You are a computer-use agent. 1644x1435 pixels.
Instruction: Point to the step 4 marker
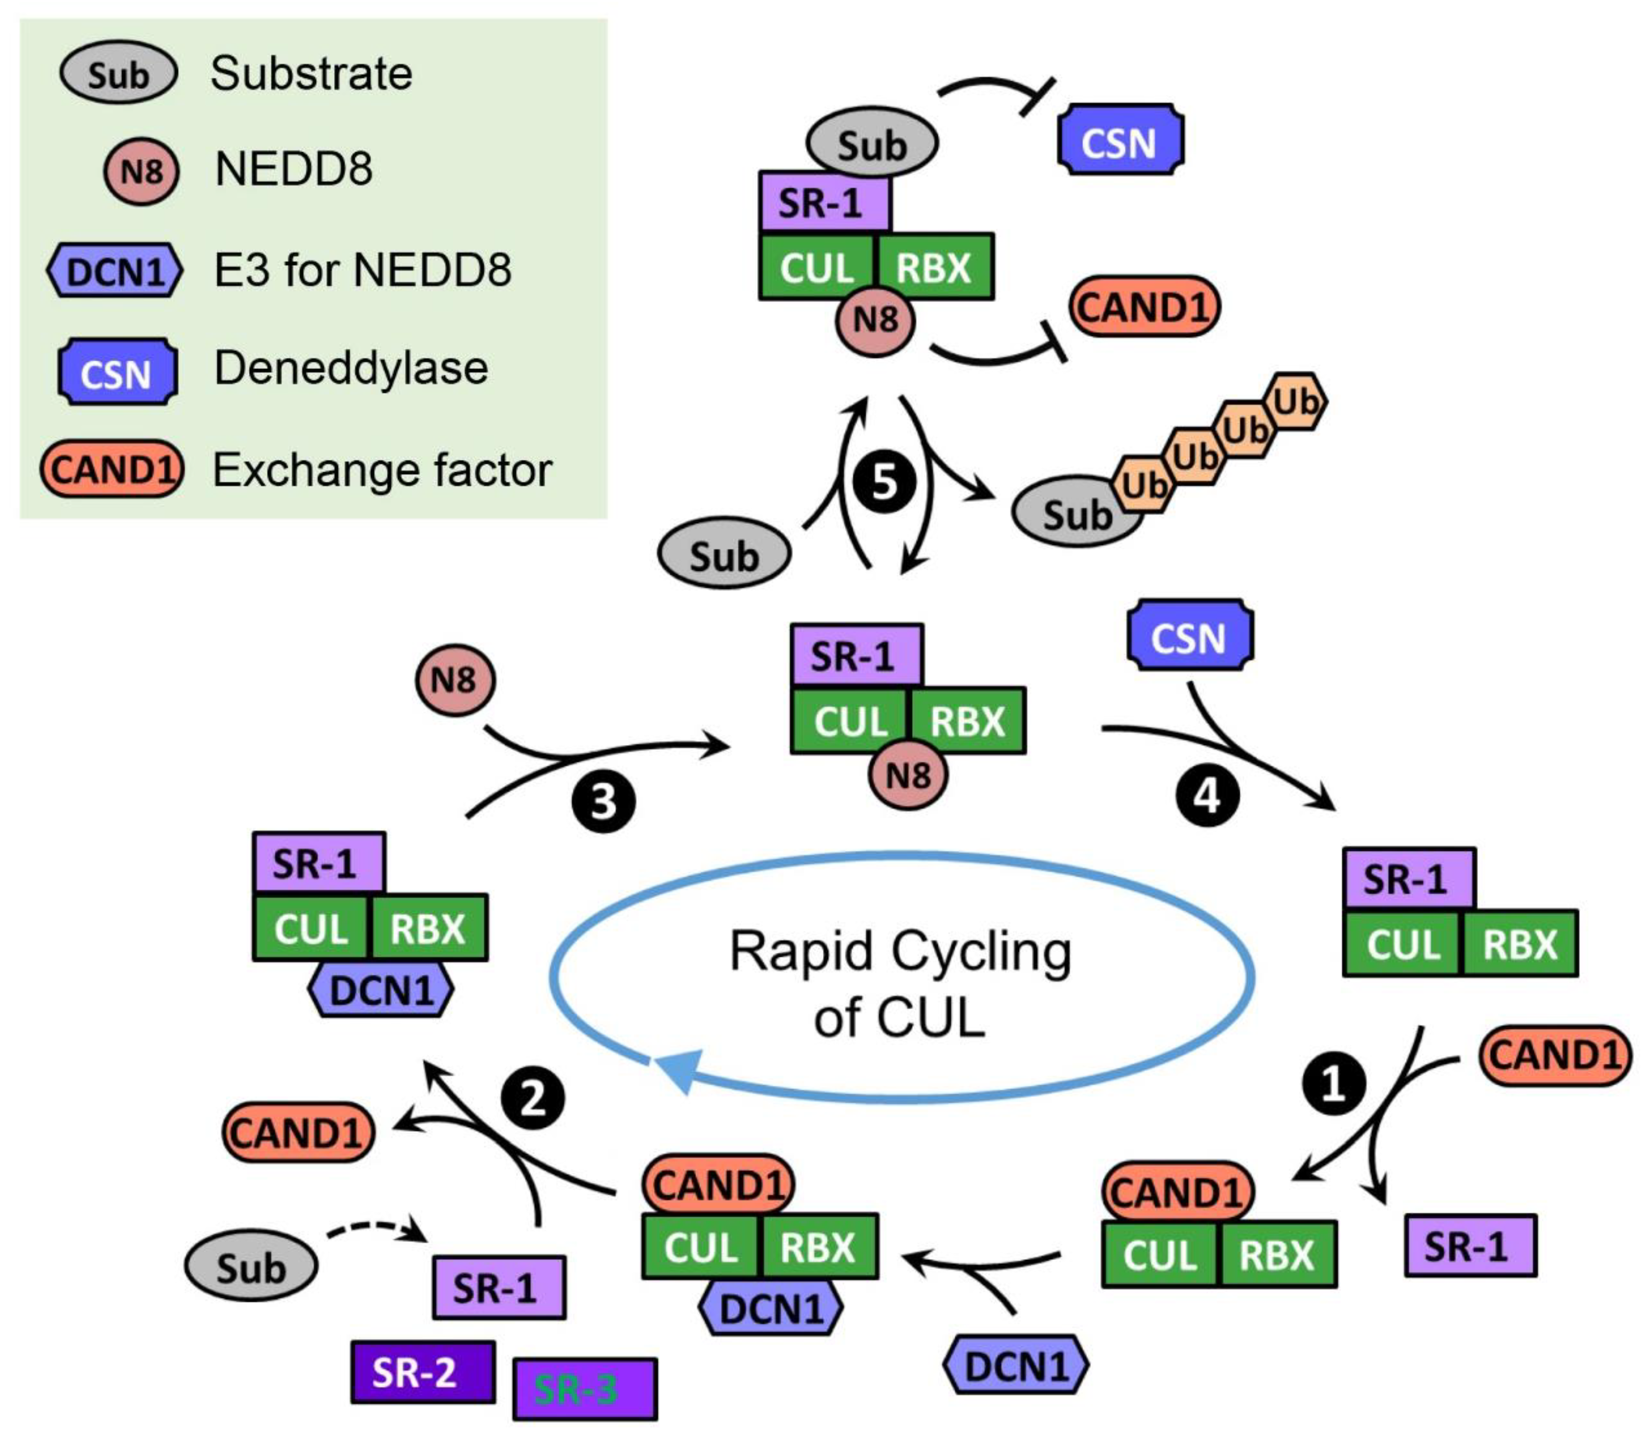(1207, 796)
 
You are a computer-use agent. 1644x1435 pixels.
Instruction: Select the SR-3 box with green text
(584, 1390)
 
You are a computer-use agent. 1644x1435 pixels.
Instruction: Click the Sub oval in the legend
(118, 74)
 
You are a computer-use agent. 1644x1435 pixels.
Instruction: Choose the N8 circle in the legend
(141, 171)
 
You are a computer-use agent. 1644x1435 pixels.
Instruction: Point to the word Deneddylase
(351, 369)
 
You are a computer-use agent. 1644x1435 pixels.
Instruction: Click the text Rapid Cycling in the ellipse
(900, 953)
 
